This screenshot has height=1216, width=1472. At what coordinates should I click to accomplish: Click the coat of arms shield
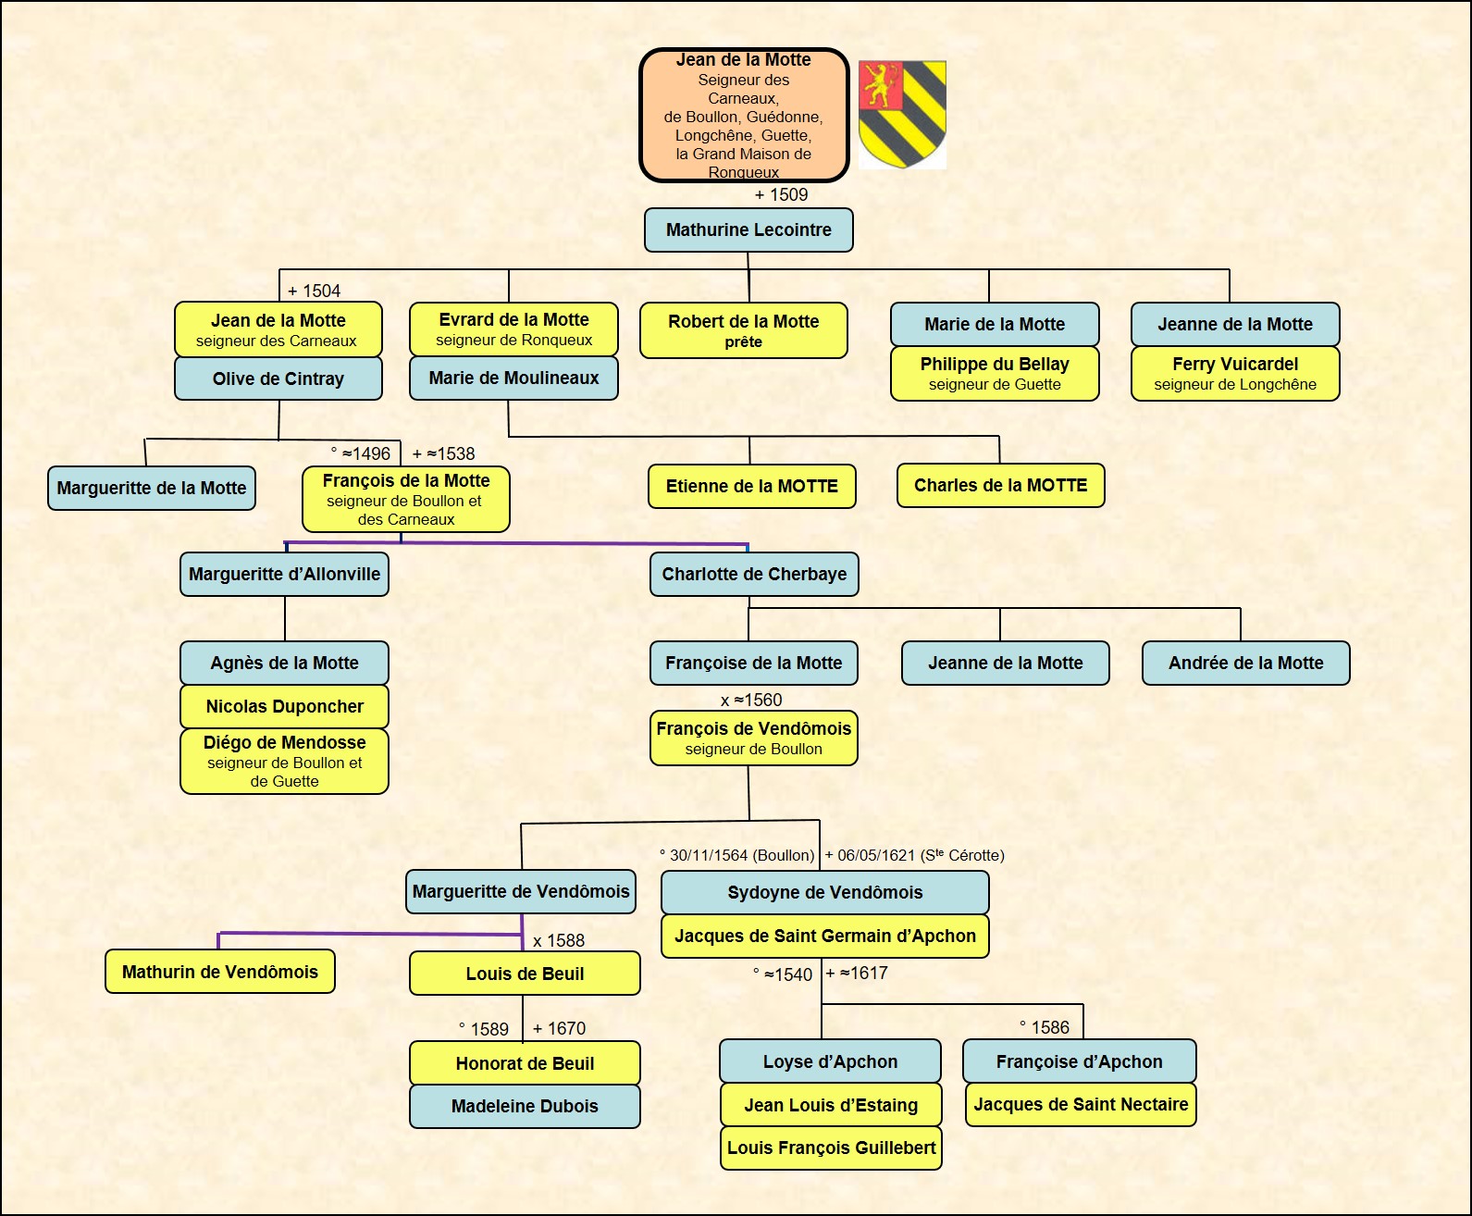[x=902, y=113]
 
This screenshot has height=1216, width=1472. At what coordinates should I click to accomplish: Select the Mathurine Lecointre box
[x=748, y=230]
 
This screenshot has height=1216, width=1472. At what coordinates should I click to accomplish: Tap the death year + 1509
[x=781, y=195]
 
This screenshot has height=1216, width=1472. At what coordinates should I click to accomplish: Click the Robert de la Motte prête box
[x=744, y=330]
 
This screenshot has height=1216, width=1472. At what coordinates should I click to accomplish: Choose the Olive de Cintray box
[x=278, y=378]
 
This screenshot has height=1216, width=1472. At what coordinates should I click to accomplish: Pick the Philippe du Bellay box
[x=995, y=374]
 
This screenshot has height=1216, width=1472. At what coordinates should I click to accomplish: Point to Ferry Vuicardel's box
[x=1235, y=374]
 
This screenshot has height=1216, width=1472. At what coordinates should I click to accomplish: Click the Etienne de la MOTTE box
[x=751, y=487]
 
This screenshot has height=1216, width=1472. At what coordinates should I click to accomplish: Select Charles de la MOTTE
[x=1000, y=486]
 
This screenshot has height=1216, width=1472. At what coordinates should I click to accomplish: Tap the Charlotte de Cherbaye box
[x=754, y=575]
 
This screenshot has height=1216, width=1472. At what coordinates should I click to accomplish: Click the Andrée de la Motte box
[x=1245, y=664]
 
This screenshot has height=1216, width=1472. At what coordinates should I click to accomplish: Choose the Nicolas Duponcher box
[x=285, y=707]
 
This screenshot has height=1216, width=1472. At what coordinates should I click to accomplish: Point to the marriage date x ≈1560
[x=751, y=701]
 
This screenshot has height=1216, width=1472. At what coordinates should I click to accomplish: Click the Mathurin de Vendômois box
[x=220, y=973]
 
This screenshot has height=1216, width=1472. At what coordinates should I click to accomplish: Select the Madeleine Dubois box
[x=525, y=1107]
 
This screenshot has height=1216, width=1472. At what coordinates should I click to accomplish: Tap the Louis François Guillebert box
[x=831, y=1148]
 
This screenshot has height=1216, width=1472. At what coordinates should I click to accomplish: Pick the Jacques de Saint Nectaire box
[x=1081, y=1105]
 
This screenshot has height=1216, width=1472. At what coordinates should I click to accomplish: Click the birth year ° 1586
[x=1045, y=1028]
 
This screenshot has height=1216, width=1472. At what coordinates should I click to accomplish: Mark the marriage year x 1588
[x=559, y=941]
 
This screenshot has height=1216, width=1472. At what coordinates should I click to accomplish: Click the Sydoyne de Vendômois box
[x=824, y=893]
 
